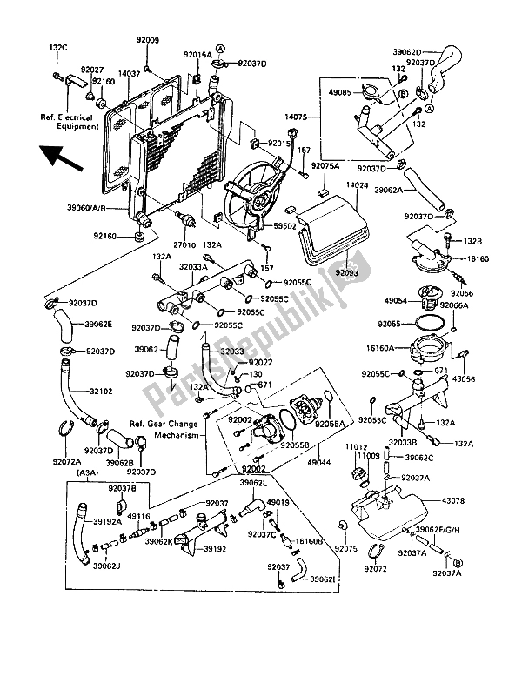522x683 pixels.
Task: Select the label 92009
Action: [148, 40]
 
